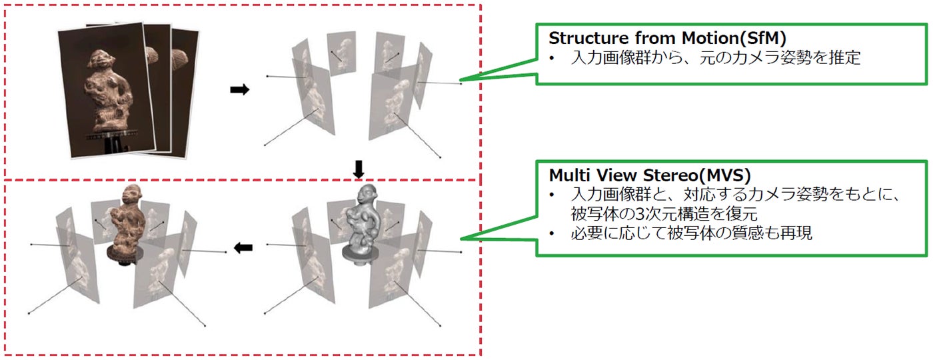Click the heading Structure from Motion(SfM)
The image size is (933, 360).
click(668, 38)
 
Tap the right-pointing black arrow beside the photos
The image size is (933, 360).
click(239, 90)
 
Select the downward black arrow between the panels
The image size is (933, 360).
click(359, 171)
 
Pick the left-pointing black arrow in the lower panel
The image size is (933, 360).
click(243, 248)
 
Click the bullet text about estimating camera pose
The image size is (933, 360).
click(716, 58)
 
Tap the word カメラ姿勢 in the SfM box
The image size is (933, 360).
click(754, 58)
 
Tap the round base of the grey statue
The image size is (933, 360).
click(360, 251)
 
